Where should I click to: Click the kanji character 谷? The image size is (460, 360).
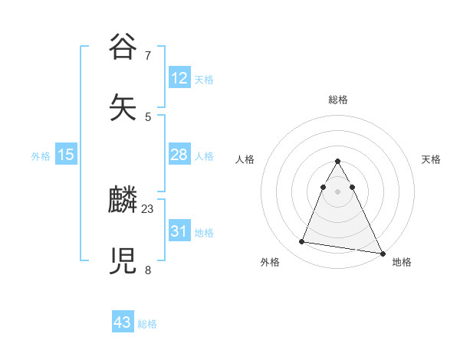123,47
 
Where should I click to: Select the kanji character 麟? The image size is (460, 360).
123,201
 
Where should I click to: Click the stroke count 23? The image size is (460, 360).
148,208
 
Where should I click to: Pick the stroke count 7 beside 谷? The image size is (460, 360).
148,55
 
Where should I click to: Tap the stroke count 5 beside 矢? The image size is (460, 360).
148,116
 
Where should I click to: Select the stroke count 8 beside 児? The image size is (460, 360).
148,270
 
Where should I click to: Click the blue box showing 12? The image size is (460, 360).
179,78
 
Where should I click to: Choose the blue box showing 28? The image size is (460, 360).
179,155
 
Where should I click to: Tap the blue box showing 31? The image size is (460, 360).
179,231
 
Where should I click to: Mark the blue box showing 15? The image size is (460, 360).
66,155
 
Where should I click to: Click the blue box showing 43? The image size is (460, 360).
123,322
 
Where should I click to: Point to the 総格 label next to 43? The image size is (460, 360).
147,324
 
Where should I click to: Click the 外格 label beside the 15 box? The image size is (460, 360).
41,156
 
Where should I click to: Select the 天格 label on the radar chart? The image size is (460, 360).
431,159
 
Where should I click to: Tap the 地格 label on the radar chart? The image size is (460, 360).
402,262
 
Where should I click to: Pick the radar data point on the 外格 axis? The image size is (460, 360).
302,242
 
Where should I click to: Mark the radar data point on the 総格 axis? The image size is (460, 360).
337,162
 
